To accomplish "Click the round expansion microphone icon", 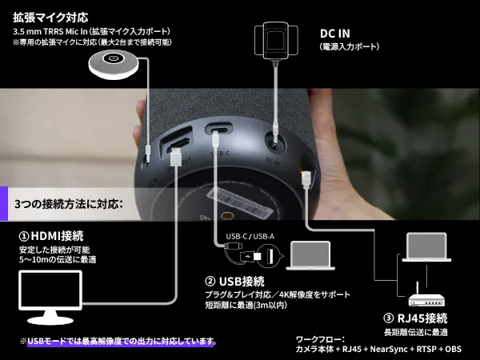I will click(115, 62).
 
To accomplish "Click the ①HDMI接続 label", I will click(51, 236).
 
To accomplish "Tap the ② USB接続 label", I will click(234, 281).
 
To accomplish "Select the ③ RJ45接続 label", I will click(418, 318).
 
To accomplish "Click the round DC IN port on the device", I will click(275, 145).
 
